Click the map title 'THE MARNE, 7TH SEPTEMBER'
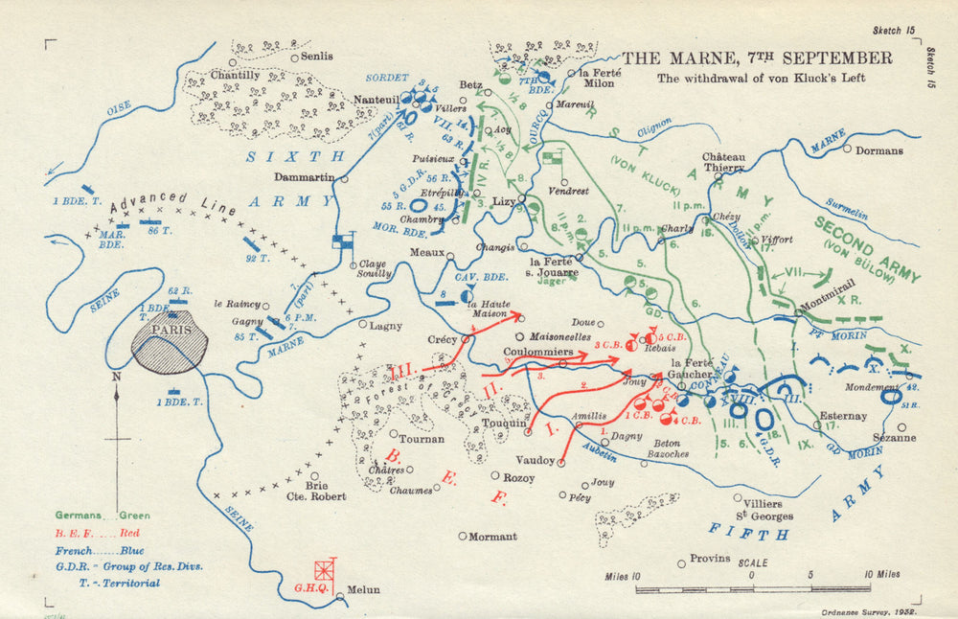pos(757,58)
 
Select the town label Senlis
pos(317,57)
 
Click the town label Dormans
pos(879,150)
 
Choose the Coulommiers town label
pos(538,353)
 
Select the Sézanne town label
pos(893,438)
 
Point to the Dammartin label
pos(304,177)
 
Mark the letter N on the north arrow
pos(117,378)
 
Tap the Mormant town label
pos(492,537)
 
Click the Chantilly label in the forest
pos(235,75)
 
